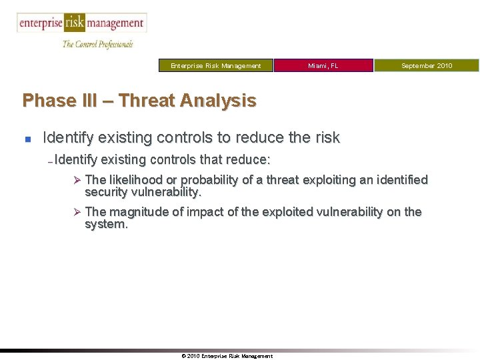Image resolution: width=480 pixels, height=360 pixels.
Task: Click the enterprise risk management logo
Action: (x=81, y=23)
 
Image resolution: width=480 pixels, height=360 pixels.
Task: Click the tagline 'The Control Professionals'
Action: (x=97, y=44)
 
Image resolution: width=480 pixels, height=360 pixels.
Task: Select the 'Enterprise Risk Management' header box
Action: (x=216, y=65)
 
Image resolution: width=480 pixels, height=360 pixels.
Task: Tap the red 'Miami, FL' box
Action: (x=323, y=65)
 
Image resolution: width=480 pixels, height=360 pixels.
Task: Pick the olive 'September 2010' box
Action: (x=427, y=65)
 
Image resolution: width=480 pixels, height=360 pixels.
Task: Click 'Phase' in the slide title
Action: (x=49, y=101)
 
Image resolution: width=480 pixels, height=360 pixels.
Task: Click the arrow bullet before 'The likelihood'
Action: (x=77, y=180)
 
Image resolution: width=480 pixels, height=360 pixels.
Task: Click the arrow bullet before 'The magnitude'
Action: (x=77, y=212)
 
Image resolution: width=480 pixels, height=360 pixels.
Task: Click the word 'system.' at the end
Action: (x=106, y=225)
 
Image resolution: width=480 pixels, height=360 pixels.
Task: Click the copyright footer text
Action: (x=227, y=356)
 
